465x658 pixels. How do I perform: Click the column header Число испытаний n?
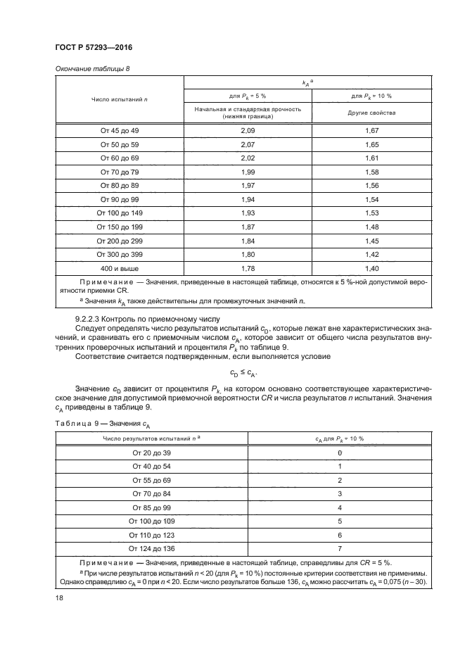[x=119, y=100]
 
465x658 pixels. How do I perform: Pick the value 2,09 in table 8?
[x=247, y=131]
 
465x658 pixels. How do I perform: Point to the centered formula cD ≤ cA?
[x=243, y=373]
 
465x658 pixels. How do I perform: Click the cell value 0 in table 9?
[x=339, y=453]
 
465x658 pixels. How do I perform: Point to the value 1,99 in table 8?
[x=247, y=172]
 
